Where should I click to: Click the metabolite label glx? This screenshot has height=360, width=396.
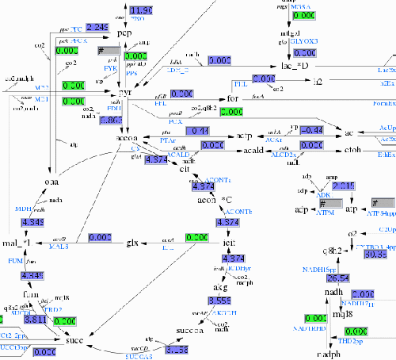tap(133, 240)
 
